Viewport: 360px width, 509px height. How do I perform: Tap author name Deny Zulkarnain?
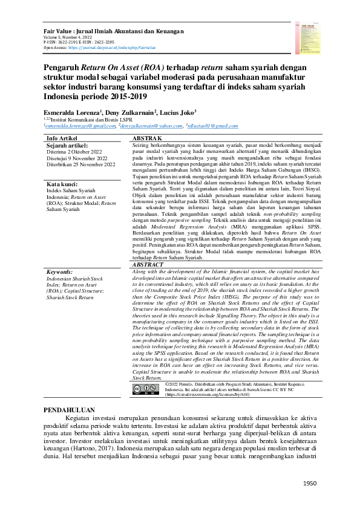point(131,112)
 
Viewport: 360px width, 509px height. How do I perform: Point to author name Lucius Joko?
point(178,112)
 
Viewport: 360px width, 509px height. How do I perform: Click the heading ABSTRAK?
point(148,138)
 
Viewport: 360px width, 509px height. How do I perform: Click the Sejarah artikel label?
point(67,146)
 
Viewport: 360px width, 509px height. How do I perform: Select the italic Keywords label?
point(60,273)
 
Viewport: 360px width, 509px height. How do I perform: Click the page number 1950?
point(309,484)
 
